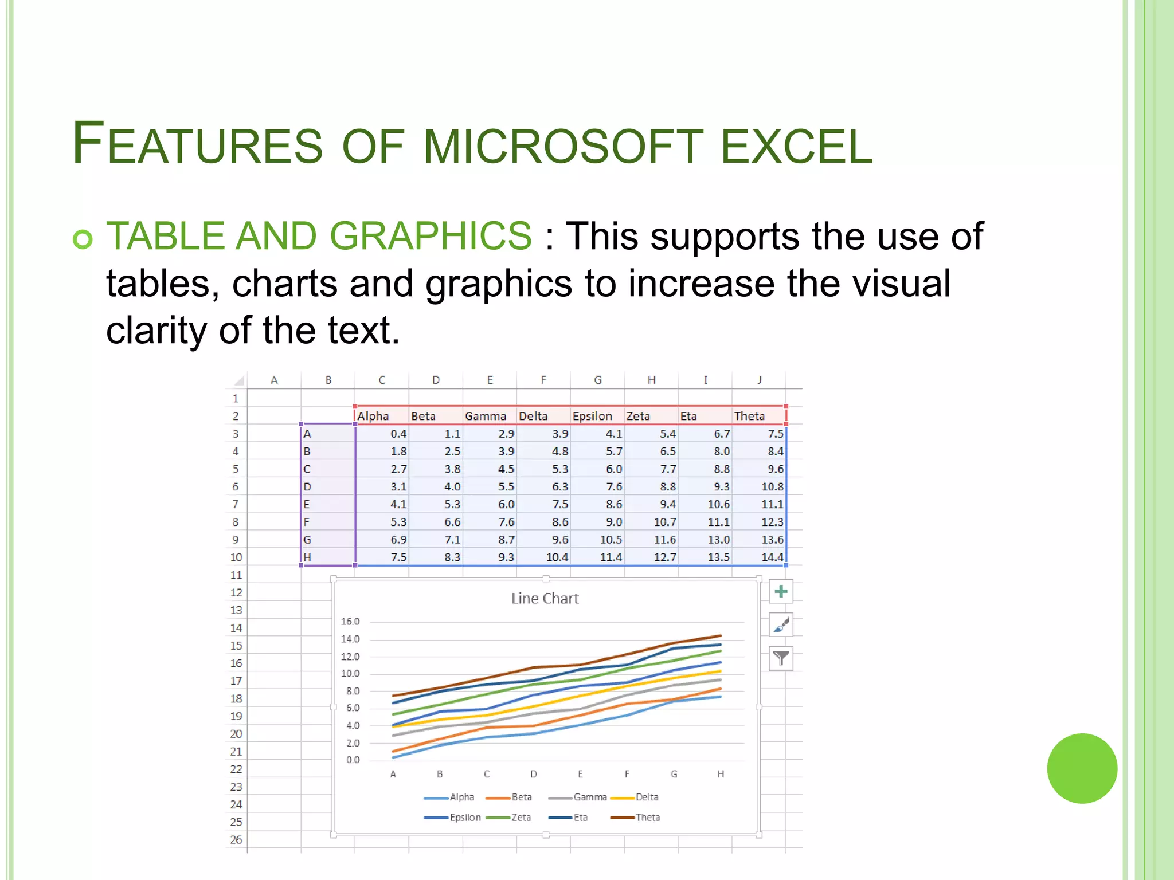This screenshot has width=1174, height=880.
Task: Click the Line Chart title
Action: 545,598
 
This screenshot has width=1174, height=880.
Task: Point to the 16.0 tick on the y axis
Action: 350,622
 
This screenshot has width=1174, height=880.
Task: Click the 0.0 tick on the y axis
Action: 353,760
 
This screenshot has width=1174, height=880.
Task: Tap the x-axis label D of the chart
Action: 533,774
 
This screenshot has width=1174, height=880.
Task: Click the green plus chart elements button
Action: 780,592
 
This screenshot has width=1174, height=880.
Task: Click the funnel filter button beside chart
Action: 780,658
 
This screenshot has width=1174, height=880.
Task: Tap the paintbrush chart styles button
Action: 780,625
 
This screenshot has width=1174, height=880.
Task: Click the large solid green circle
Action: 1082,768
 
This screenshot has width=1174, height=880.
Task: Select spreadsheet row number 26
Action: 236,839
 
